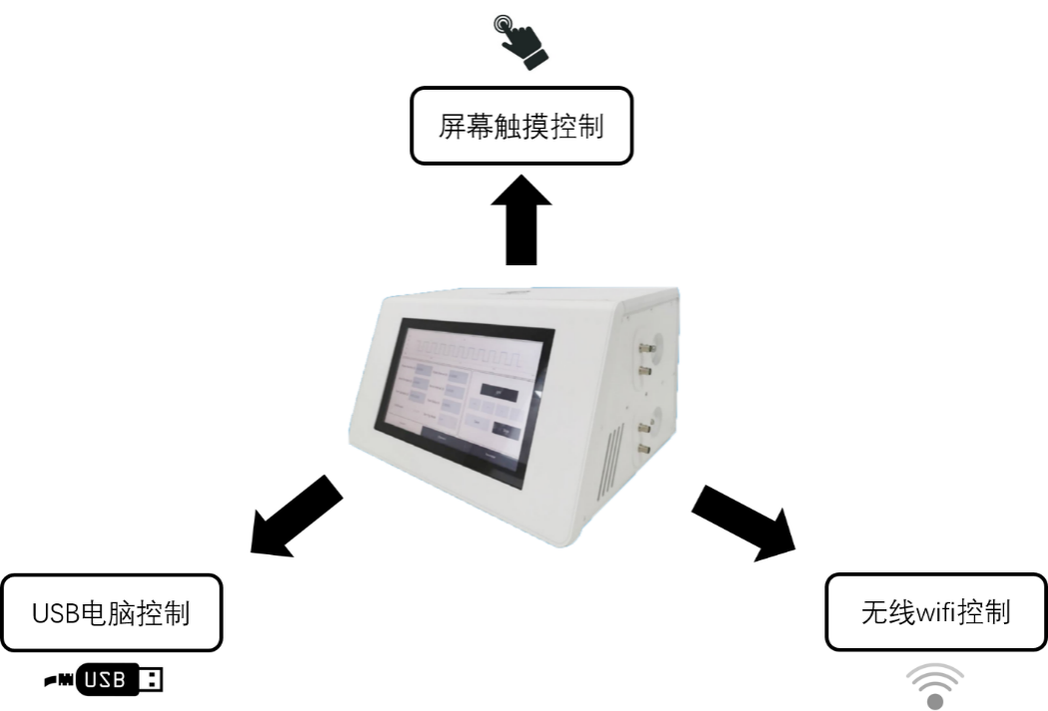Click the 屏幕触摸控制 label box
(522, 126)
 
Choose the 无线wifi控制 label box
(935, 611)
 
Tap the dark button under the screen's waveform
(497, 390)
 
